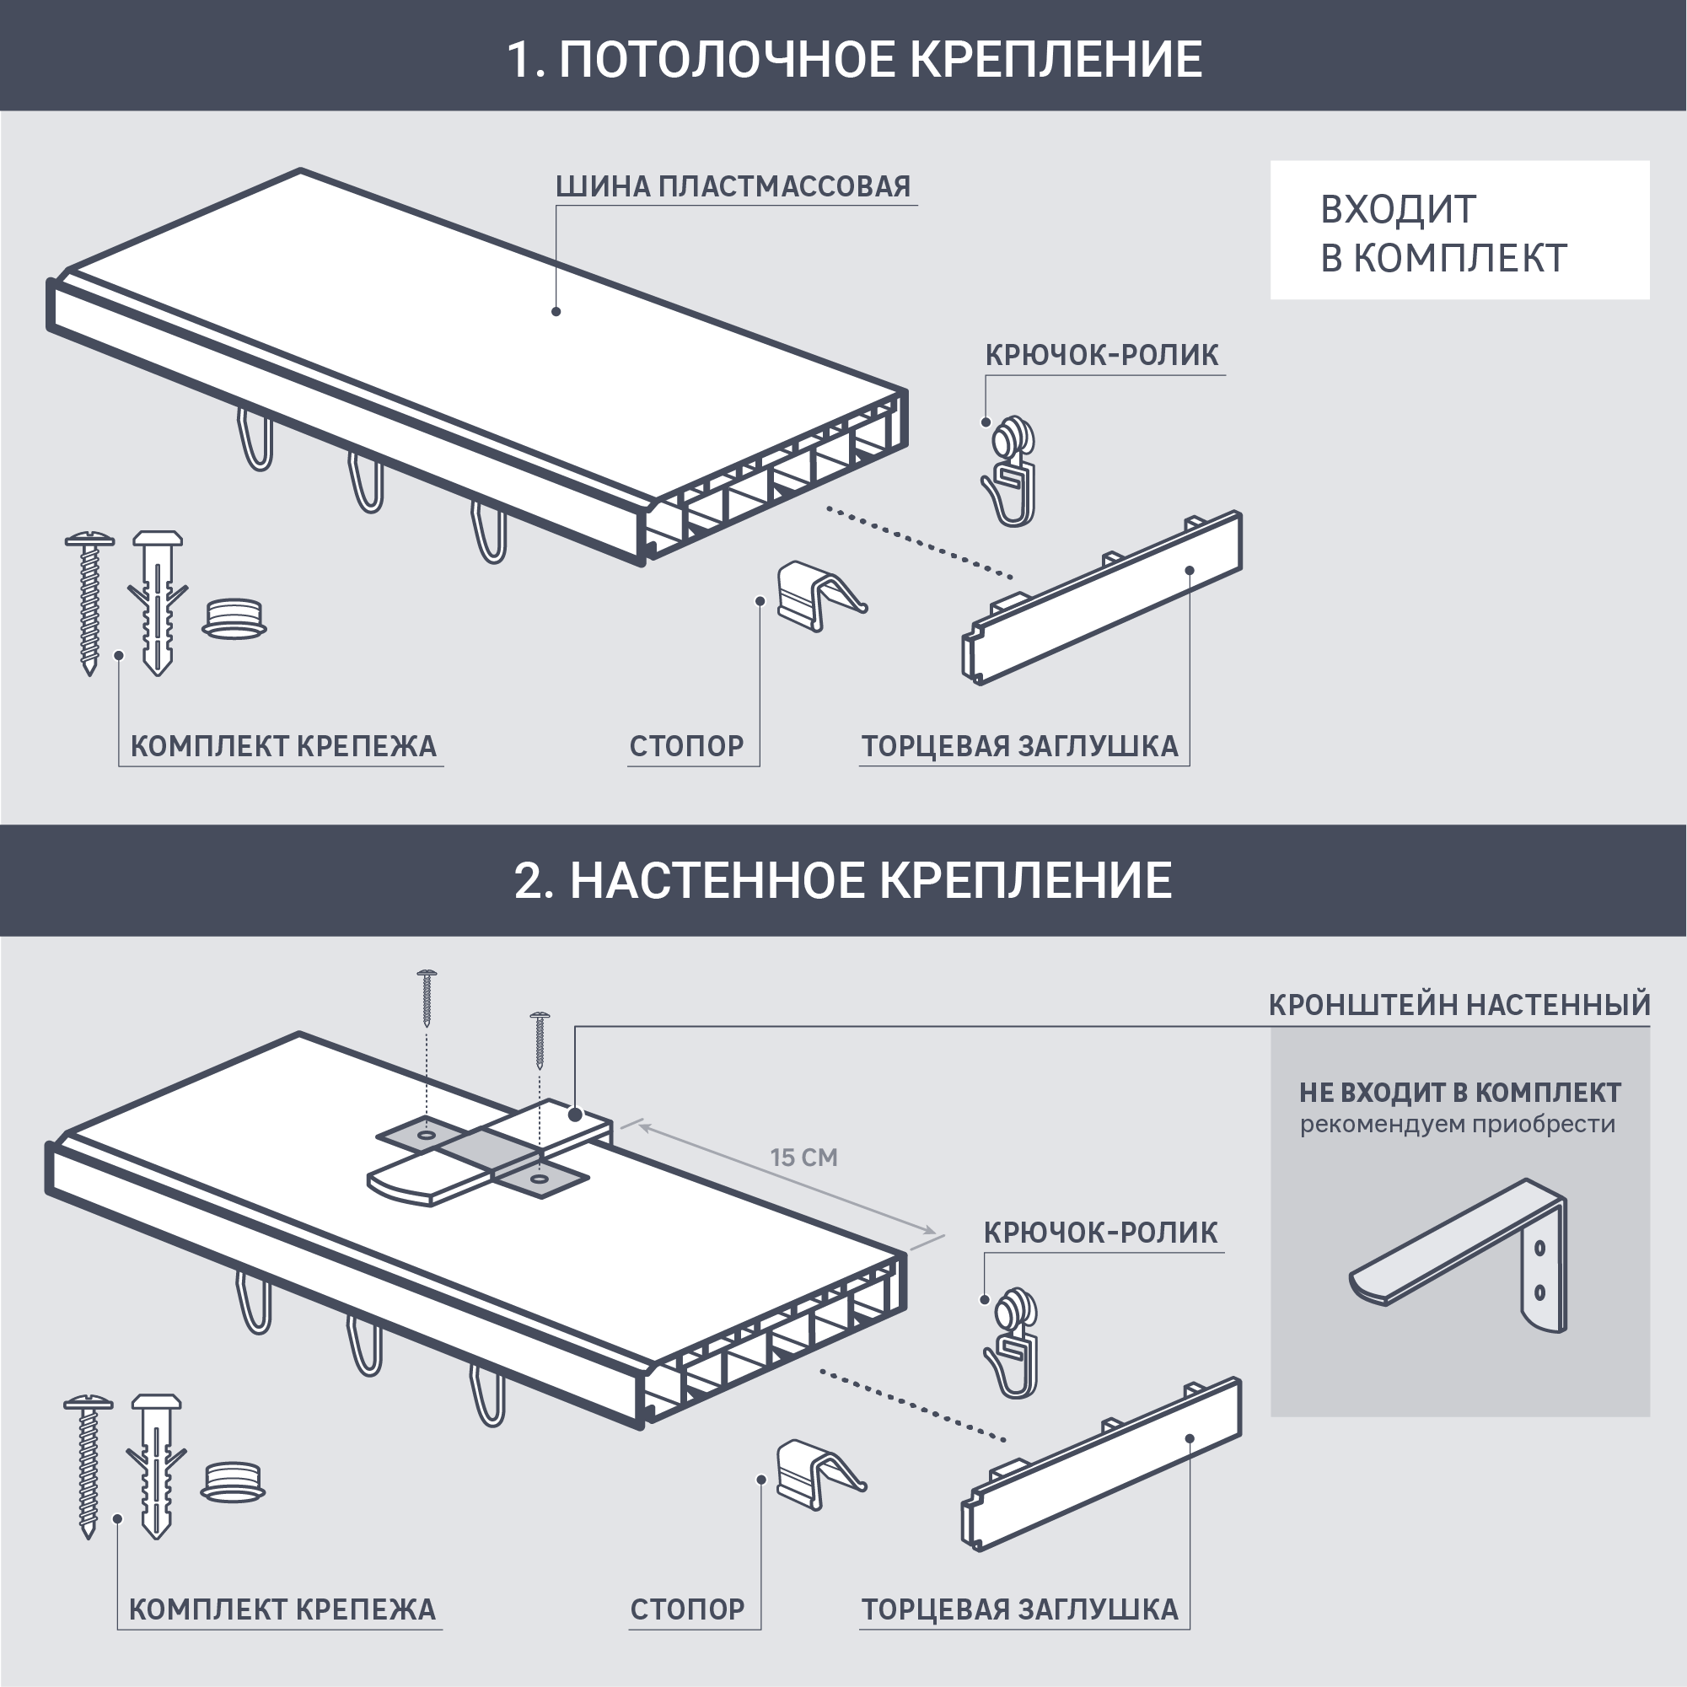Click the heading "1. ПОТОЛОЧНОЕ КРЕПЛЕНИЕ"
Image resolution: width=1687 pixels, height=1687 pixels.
[854, 59]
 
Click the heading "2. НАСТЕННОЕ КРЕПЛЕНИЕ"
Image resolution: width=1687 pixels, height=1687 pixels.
[842, 880]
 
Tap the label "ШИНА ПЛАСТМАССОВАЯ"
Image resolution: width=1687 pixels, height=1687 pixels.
[733, 187]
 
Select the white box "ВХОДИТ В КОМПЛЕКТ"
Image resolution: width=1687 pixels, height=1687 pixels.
[1459, 230]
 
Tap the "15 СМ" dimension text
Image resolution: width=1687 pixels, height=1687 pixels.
[803, 1158]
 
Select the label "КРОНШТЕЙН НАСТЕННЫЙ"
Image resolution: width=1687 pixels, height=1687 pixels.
[1459, 1005]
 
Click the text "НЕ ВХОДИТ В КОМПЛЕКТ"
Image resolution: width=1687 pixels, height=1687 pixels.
[1459, 1093]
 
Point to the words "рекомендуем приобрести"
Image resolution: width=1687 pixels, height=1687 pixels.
[1458, 1125]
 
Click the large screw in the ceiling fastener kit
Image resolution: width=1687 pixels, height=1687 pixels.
[89, 603]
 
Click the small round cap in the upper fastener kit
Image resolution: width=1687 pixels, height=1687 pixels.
[234, 618]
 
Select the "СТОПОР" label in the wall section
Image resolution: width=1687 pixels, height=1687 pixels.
[687, 1609]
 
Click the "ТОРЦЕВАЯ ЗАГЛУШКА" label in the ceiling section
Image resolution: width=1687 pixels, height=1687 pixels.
[1019, 747]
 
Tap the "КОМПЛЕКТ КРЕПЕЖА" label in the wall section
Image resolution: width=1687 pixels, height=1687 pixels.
[282, 1609]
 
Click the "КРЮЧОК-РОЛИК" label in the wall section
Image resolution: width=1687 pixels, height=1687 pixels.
[1100, 1232]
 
